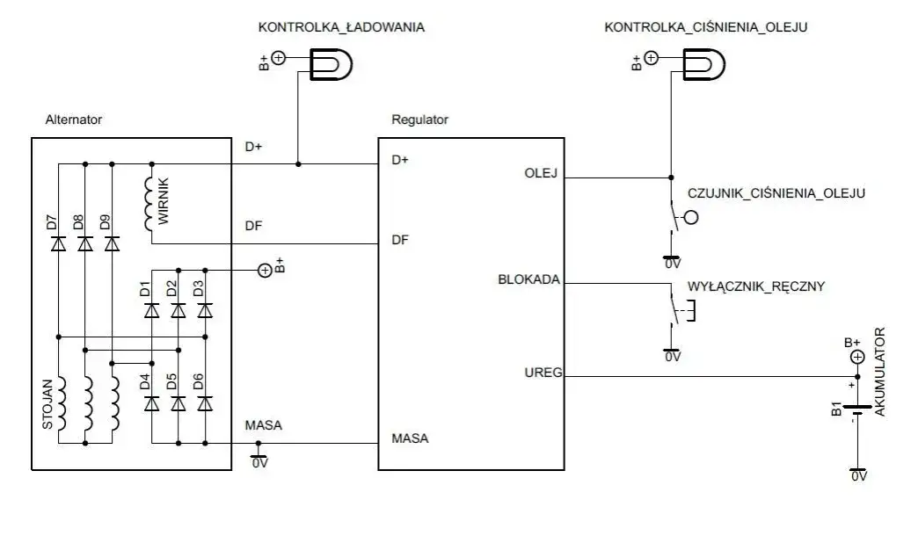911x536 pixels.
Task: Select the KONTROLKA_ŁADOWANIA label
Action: click(341, 27)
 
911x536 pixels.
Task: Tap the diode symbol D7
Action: click(58, 244)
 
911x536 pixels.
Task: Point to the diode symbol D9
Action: click(112, 244)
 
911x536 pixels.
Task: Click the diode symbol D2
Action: click(178, 309)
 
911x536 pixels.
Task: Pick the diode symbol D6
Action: click(205, 403)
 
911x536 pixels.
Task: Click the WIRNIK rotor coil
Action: click(152, 205)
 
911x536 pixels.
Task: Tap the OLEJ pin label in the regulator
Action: click(541, 172)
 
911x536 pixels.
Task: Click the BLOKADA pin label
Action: click(528, 281)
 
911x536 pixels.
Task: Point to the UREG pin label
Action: click(538, 373)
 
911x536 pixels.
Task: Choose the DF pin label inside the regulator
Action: click(399, 239)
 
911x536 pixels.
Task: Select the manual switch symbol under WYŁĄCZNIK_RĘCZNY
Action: click(678, 311)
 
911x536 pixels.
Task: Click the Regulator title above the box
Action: click(419, 120)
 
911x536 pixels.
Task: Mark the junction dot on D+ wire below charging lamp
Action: click(299, 163)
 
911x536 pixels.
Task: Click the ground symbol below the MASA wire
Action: click(258, 458)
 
